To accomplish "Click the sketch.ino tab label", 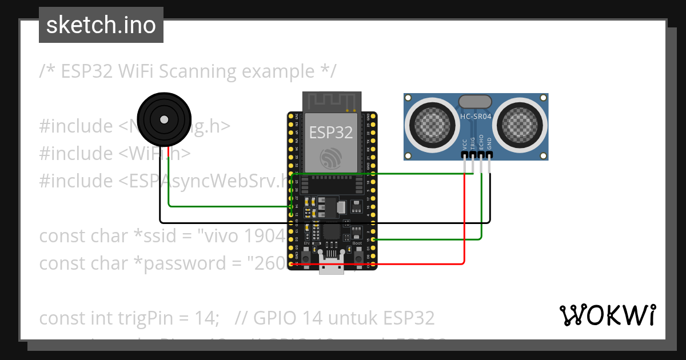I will pyautogui.click(x=101, y=25).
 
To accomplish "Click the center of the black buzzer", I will pyautogui.click(x=163, y=119).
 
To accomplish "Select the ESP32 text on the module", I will pyautogui.click(x=331, y=133).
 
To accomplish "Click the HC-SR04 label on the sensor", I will pyautogui.click(x=476, y=117).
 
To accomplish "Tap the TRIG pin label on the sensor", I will pyautogui.click(x=473, y=143).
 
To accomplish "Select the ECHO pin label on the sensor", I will pyautogui.click(x=481, y=142).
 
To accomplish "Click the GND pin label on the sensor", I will pyautogui.click(x=489, y=143).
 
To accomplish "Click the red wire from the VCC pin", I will pyautogui.click(x=464, y=217).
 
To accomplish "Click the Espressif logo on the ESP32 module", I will pyautogui.click(x=331, y=157).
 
